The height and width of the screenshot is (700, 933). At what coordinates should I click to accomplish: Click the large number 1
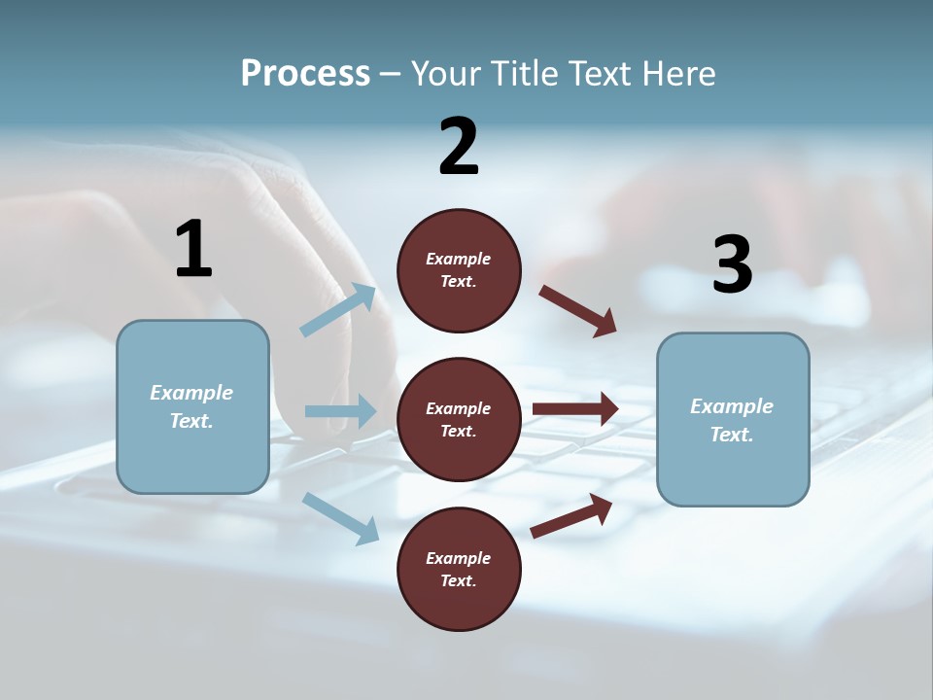click(193, 249)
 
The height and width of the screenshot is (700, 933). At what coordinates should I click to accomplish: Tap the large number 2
click(459, 147)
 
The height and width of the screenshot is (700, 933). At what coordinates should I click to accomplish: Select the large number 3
click(732, 264)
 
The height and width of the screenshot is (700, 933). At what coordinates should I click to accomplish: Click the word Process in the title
click(305, 73)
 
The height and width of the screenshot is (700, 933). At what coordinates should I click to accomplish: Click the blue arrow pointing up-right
click(339, 310)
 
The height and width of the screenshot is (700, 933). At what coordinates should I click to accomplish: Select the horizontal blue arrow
click(341, 411)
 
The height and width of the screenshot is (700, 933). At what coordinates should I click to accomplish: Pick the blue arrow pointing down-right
click(341, 517)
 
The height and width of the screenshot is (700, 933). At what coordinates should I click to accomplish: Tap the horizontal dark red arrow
click(575, 408)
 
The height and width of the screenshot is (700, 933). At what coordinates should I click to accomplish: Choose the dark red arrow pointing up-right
click(571, 515)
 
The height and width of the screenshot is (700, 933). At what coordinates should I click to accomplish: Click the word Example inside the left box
click(191, 393)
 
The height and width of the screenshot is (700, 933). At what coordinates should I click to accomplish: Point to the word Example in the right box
click(732, 406)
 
